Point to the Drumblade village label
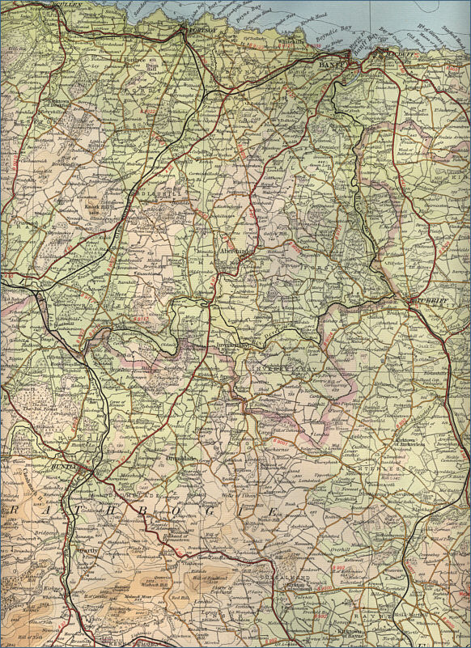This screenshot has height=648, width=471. tap(180, 458)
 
